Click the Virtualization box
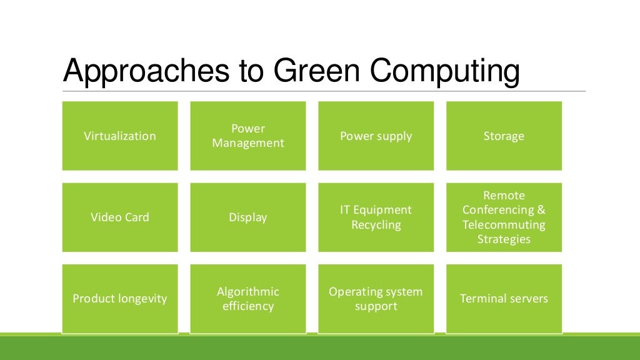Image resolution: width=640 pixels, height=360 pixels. (x=120, y=136)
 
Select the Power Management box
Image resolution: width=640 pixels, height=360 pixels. (x=248, y=136)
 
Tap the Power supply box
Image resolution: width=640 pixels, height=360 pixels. (x=376, y=136)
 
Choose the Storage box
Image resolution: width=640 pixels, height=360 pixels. (x=504, y=136)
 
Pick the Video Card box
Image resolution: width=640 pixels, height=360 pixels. (x=120, y=217)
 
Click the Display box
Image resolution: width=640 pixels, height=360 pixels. (x=248, y=217)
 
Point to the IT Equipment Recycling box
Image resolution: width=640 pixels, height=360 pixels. (x=376, y=217)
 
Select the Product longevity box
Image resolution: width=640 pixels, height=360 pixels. (x=120, y=299)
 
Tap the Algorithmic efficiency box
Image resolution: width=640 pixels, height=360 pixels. (x=248, y=299)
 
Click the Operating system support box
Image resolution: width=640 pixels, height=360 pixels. (x=376, y=299)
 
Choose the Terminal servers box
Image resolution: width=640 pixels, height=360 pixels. (x=504, y=299)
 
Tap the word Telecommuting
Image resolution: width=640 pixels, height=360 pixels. (x=504, y=225)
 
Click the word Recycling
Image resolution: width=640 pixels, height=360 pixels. (x=376, y=225)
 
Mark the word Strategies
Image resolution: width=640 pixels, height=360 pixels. (x=504, y=239)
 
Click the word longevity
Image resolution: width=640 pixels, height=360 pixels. (x=143, y=299)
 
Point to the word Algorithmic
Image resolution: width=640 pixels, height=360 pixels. (x=248, y=292)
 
